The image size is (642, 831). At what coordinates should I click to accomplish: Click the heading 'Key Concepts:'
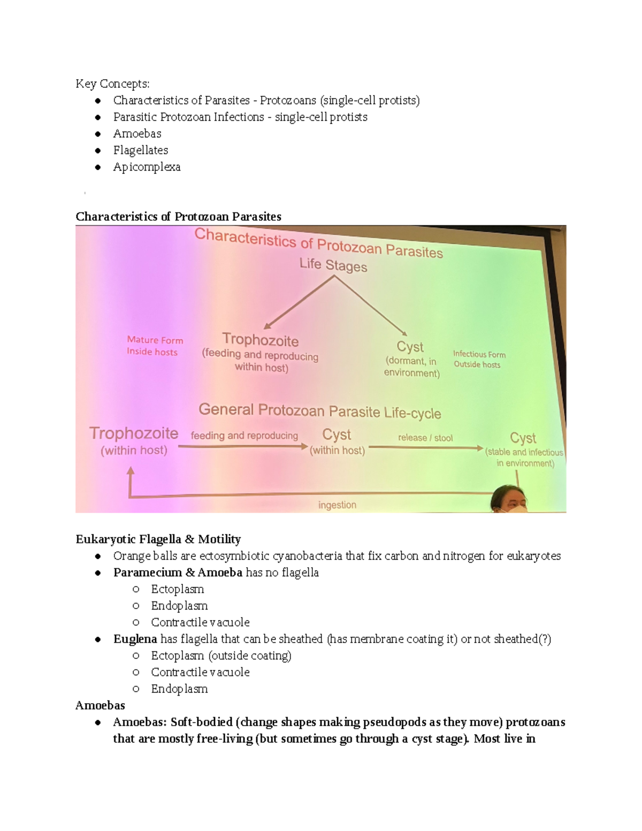coord(112,83)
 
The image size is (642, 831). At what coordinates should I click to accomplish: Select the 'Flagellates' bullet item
coord(141,150)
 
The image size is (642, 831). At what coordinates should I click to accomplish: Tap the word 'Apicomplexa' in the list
coord(147,167)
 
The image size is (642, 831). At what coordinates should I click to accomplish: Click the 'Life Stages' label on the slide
coord(333,265)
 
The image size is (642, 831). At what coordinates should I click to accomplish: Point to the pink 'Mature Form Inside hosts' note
coord(154,346)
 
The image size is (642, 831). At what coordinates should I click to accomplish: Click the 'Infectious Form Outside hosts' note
coord(478,359)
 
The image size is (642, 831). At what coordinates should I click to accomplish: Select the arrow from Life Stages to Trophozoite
coord(300,302)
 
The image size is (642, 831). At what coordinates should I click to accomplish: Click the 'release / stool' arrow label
coord(425,438)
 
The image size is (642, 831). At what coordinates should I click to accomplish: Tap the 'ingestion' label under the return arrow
coord(337,505)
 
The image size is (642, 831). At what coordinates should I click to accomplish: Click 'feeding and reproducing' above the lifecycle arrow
coord(244,436)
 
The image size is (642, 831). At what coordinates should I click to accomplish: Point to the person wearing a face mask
coord(509,500)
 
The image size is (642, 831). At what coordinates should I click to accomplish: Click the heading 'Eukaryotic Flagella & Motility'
coord(158,539)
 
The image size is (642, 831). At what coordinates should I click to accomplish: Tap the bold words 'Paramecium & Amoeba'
coord(178,573)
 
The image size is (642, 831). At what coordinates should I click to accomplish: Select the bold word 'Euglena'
coord(135,639)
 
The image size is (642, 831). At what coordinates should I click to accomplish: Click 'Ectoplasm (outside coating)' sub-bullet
coord(221,655)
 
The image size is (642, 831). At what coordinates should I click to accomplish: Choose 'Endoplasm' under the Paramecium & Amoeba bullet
coord(179,606)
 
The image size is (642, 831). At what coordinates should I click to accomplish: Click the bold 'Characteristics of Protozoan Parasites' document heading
coord(178,216)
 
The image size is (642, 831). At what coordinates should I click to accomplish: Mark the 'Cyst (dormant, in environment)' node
coord(411,359)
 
